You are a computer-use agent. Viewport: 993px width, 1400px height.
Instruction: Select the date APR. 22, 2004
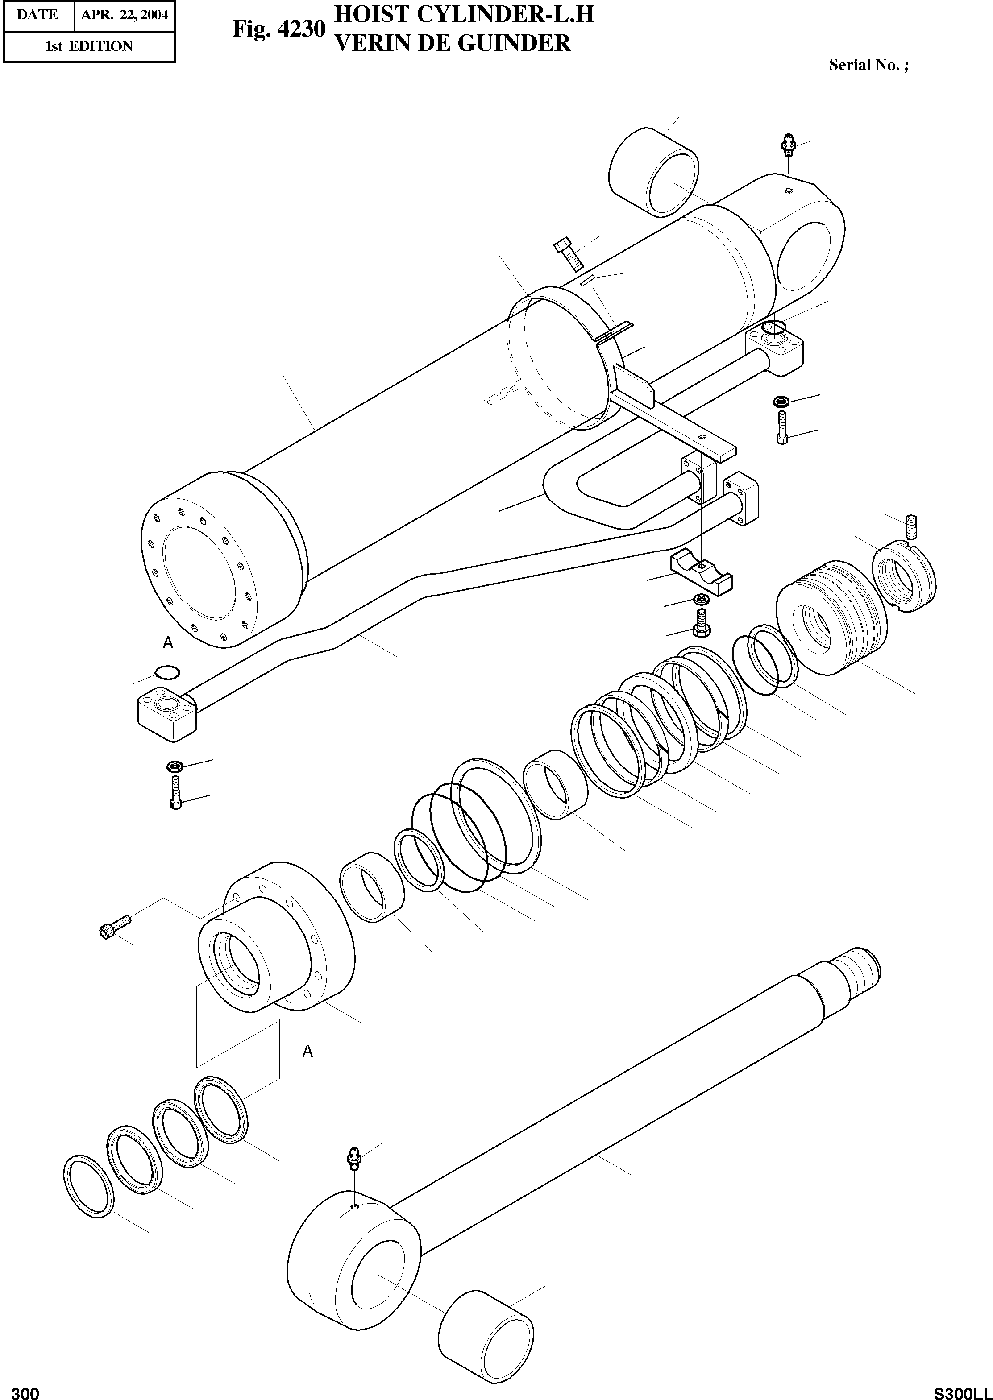pos(125,15)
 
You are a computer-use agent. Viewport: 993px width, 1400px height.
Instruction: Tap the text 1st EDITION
pos(89,46)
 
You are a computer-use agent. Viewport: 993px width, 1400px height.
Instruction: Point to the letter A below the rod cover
pos(307,1051)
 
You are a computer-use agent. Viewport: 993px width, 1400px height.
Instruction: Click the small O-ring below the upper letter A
pos(167,672)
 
